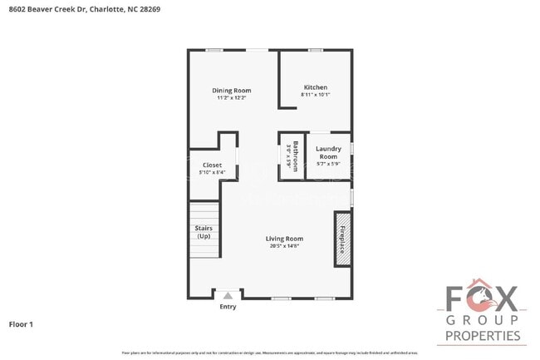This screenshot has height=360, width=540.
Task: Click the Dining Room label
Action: pyautogui.click(x=231, y=90)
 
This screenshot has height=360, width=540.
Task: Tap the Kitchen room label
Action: pyautogui.click(x=315, y=87)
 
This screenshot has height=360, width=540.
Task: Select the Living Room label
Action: pyautogui.click(x=284, y=239)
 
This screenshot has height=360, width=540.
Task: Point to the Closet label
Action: pyautogui.click(x=212, y=165)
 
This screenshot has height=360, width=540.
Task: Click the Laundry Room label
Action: pyautogui.click(x=328, y=152)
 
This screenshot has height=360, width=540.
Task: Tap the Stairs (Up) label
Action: pyautogui.click(x=203, y=231)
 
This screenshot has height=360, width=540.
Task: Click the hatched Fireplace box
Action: pyautogui.click(x=341, y=239)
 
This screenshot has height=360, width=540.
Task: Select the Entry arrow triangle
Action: pyautogui.click(x=228, y=294)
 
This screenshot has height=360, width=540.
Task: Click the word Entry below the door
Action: pyautogui.click(x=228, y=307)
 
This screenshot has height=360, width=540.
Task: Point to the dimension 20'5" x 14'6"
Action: pyautogui.click(x=284, y=246)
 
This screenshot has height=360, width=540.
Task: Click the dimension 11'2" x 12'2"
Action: pyautogui.click(x=231, y=97)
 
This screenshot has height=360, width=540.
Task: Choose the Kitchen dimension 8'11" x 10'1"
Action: pyautogui.click(x=315, y=95)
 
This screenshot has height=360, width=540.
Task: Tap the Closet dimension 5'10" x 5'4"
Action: pyautogui.click(x=212, y=172)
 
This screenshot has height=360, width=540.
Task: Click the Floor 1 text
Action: pyautogui.click(x=21, y=323)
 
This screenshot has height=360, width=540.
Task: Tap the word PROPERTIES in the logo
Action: pyautogui.click(x=483, y=336)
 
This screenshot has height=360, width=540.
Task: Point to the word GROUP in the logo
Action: pyautogui.click(x=483, y=319)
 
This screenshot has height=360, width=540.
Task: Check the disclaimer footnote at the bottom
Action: pyautogui.click(x=269, y=353)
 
